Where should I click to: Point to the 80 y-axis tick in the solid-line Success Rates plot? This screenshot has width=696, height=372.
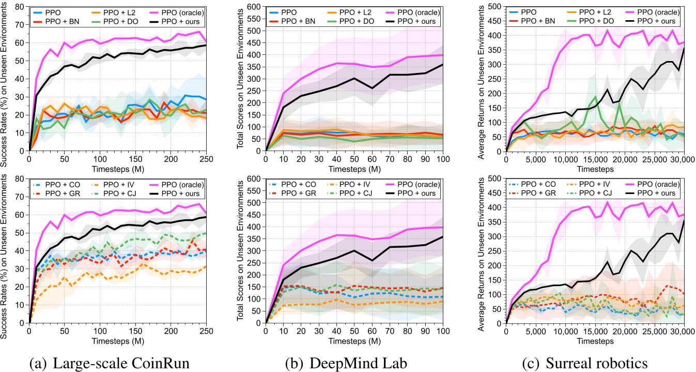point(20,6)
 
